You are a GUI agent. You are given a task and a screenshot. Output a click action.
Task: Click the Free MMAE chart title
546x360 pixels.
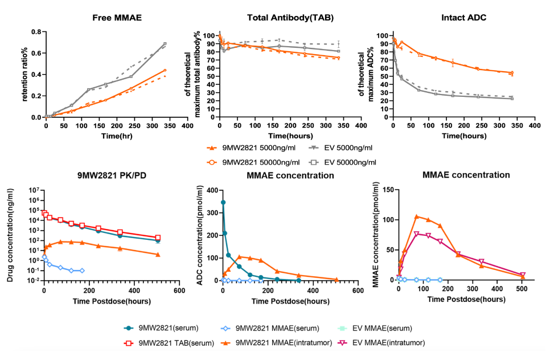point(117,18)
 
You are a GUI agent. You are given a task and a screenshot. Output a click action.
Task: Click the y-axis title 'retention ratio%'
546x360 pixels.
point(25,74)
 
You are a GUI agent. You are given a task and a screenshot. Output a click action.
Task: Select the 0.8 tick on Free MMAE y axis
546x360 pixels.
point(36,32)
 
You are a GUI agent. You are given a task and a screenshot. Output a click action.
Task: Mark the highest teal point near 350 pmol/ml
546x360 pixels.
point(223,202)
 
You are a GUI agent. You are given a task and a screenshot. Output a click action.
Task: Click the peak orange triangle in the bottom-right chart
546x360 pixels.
point(417,216)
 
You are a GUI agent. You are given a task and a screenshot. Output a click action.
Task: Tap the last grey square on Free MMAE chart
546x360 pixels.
point(165,44)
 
